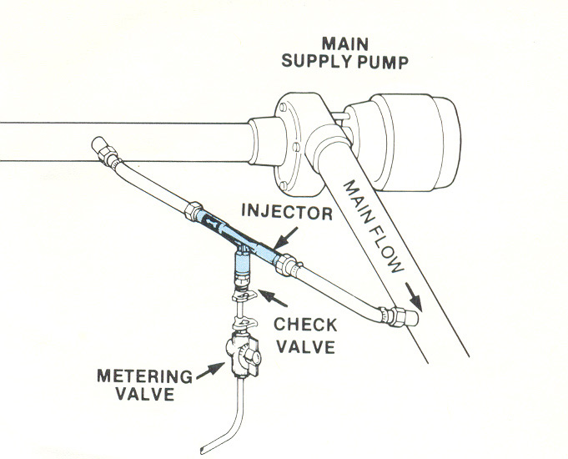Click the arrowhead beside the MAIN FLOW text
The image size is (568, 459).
411,291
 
